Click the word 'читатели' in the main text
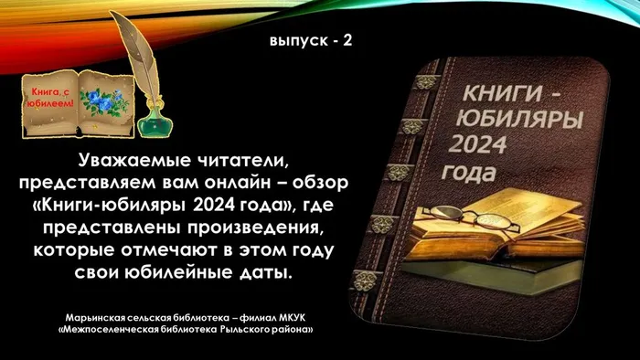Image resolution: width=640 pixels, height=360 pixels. [244, 161]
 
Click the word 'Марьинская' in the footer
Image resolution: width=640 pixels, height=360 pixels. [91, 316]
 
